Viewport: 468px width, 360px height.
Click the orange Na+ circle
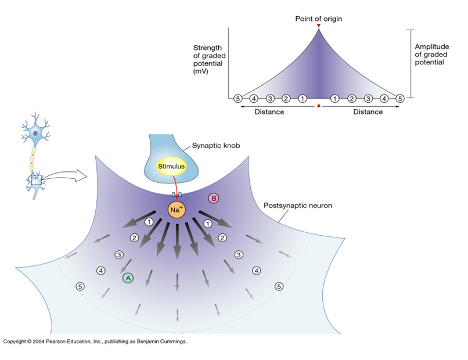tap(177, 210)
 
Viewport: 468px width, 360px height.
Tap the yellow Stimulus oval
tap(171, 166)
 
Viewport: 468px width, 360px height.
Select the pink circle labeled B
tap(214, 199)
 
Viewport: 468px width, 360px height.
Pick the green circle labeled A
tap(128, 278)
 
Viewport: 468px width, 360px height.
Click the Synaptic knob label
tap(216, 146)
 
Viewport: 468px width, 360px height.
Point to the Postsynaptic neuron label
tap(297, 206)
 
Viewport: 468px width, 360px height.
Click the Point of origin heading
tap(318, 19)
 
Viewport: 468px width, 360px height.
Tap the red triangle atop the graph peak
tap(318, 26)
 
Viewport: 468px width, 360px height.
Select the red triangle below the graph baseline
tap(319, 105)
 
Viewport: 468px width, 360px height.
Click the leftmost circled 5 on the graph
tap(237, 99)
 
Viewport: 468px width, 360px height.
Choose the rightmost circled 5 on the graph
tap(400, 99)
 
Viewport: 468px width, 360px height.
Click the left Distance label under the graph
tap(269, 112)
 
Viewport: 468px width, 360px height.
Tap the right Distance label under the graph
tap(368, 112)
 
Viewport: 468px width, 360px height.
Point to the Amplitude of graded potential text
tap(431, 55)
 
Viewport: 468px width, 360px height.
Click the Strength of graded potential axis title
tap(209, 59)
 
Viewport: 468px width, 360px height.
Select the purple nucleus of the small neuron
tap(35, 134)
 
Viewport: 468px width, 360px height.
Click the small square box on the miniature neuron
tap(36, 179)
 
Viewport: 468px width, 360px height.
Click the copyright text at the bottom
tap(95, 341)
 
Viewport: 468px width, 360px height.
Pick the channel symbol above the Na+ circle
tap(177, 195)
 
